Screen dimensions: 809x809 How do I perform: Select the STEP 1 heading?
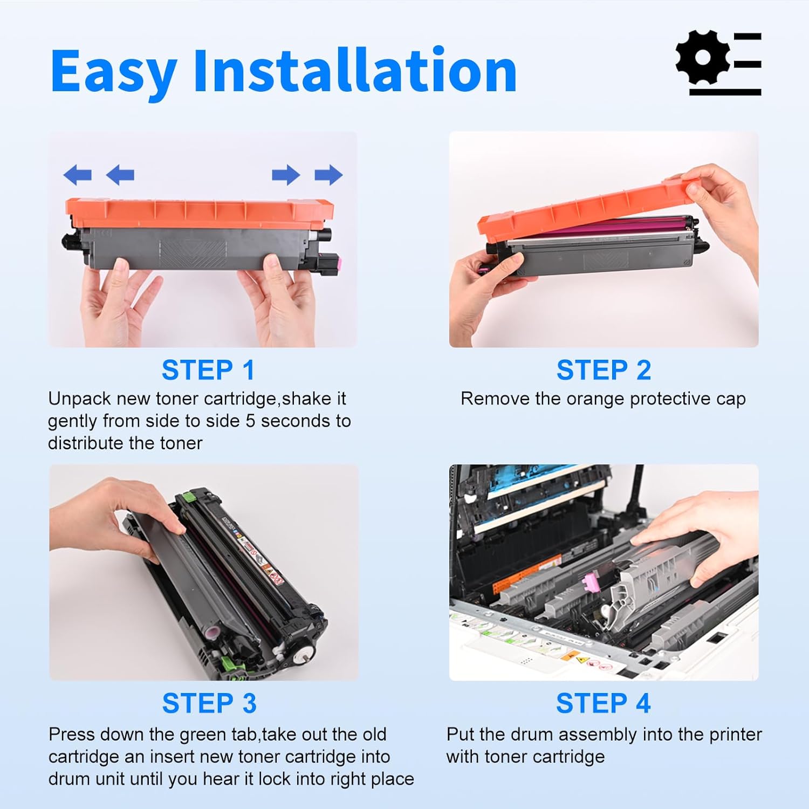coord(208,371)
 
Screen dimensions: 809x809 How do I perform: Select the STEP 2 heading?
coord(604,371)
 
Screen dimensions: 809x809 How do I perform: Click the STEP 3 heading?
coord(209,704)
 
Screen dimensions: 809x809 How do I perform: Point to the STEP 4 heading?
coord(603,704)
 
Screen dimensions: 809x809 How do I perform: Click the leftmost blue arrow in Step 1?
coord(77,175)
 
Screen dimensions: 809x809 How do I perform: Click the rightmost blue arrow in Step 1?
coord(328,175)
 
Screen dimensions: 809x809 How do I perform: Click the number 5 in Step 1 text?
coord(250,421)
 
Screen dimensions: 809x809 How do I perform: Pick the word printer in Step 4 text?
coord(736,735)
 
